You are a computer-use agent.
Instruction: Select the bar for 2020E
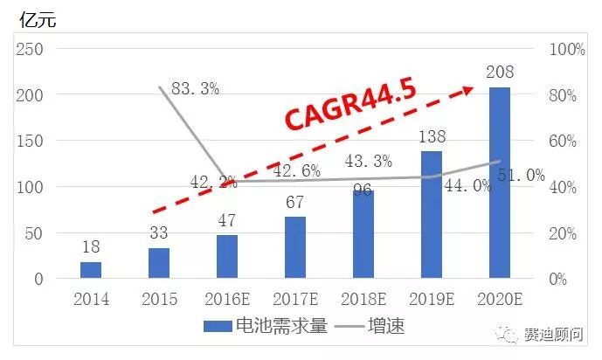[x=500, y=183]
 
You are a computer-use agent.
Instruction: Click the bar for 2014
[x=91, y=270]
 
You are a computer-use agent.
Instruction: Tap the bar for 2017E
[x=295, y=247]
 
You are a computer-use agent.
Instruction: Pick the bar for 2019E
[x=432, y=215]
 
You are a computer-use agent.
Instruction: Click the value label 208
[x=500, y=73]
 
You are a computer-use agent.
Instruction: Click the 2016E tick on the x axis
[x=227, y=300]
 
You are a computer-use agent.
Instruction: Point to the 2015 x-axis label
[x=159, y=300]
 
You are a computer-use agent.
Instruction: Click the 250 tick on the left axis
[x=31, y=49]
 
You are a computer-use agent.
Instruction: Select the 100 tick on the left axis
[x=31, y=187]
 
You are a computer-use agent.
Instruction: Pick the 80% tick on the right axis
[x=567, y=95]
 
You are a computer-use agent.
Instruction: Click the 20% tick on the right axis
[x=567, y=233]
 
